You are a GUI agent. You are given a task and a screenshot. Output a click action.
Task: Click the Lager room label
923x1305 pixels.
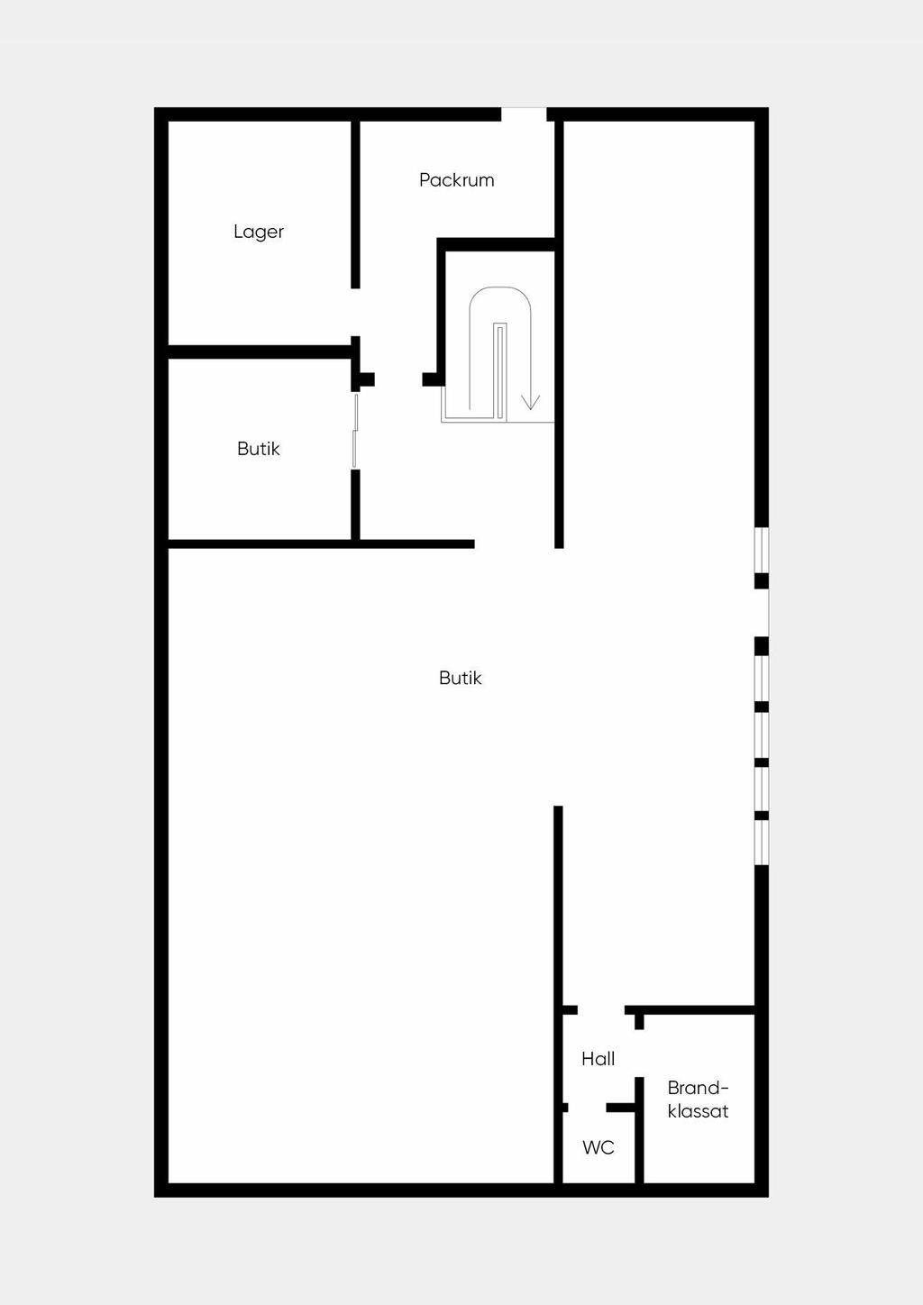[259, 232]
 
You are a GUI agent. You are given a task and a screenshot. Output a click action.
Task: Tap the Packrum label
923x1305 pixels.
[456, 180]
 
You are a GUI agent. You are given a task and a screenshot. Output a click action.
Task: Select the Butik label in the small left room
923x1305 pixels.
[259, 449]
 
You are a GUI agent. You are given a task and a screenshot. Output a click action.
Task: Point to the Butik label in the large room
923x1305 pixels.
[460, 678]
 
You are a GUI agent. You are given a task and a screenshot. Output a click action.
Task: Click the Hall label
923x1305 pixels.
[598, 1059]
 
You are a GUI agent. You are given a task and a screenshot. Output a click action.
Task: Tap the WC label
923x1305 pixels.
[598, 1147]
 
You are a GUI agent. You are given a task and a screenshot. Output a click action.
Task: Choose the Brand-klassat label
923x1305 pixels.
[698, 1100]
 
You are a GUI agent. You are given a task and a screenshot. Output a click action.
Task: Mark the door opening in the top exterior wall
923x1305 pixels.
[524, 114]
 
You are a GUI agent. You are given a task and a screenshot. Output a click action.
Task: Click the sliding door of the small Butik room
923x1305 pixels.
[355, 431]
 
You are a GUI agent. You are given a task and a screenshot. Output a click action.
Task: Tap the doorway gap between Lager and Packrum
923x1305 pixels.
[355, 312]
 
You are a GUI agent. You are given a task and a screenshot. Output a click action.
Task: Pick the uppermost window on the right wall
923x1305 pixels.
[762, 550]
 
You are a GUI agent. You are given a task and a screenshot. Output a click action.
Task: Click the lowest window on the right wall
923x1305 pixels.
[762, 843]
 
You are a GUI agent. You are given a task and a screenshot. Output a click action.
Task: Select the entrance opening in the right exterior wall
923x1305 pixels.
[763, 613]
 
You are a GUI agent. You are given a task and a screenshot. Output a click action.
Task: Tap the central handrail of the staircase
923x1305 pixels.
[499, 370]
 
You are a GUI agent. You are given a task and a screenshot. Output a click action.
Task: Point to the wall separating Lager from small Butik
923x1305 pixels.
[260, 351]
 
